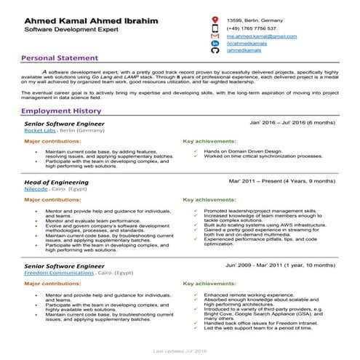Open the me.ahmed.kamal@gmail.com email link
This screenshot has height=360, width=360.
coord(261,36)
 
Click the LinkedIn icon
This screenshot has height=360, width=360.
coord(215,44)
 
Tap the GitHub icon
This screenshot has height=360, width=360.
coord(215,52)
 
